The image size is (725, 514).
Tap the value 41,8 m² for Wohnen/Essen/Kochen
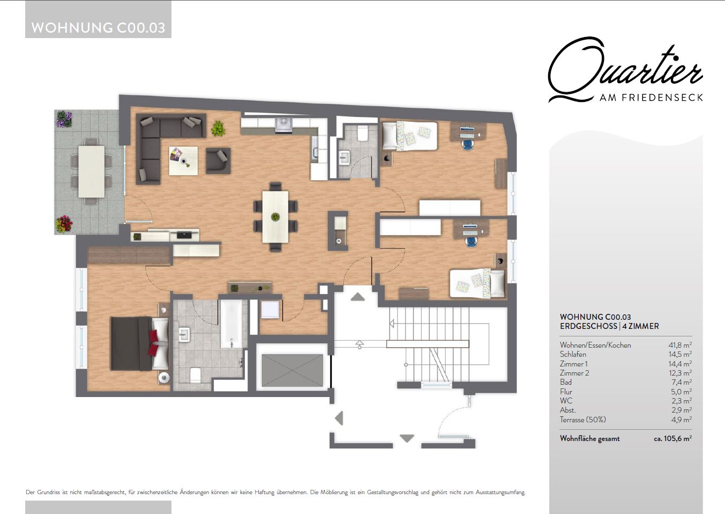tap(680, 345)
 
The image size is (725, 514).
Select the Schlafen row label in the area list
tap(573, 354)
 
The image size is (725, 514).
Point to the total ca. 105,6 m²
tap(672, 438)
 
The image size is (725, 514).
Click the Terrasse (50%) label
tap(583, 420)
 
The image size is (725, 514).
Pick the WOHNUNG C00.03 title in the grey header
tap(98, 28)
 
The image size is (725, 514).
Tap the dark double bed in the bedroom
tap(139, 343)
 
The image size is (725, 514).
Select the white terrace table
tap(91, 172)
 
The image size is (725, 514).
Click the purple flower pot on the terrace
tap(64, 119)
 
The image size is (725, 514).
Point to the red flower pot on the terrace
tap(64, 224)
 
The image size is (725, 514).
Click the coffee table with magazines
tap(183, 161)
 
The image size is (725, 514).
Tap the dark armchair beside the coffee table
tap(218, 160)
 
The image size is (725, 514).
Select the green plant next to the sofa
tap(218, 129)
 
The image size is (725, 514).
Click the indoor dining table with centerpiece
tap(275, 216)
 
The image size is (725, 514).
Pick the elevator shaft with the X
tap(292, 370)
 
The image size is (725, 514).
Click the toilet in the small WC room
tap(362, 133)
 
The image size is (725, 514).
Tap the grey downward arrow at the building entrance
tap(407, 438)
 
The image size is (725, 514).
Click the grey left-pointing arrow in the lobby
tap(339, 418)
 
